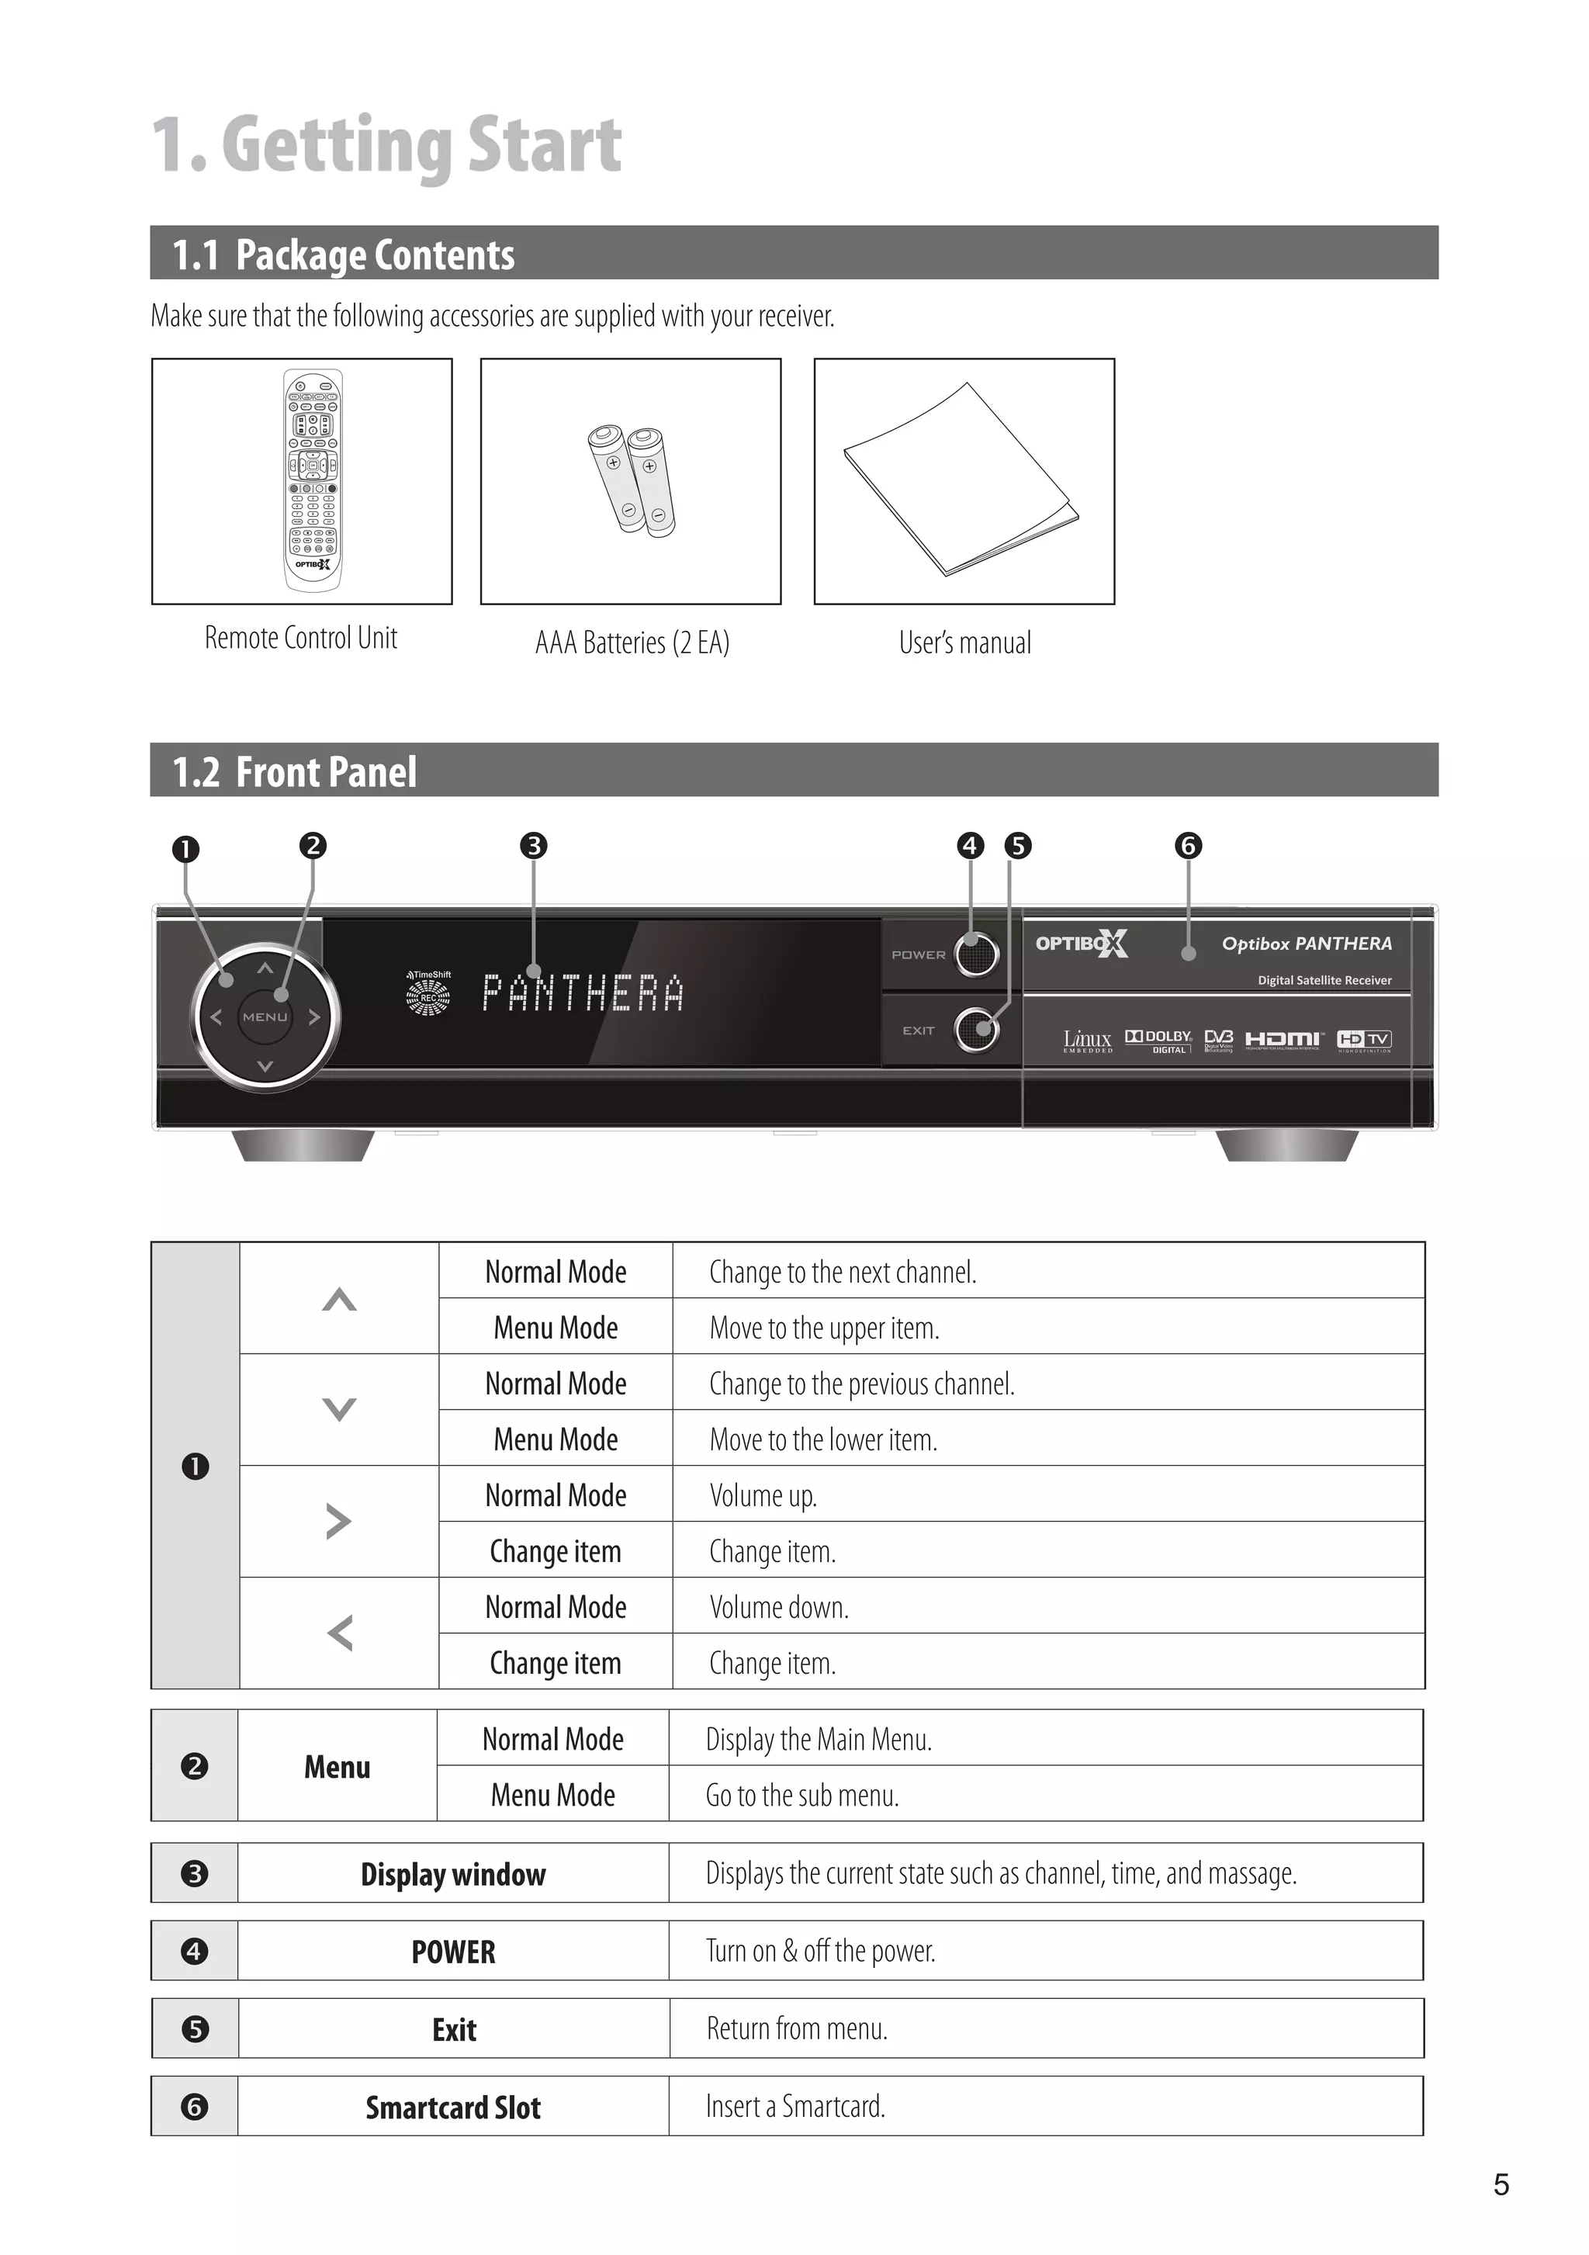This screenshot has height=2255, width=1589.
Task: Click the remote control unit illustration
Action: click(x=313, y=480)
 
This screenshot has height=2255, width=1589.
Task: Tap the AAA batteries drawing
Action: click(x=631, y=480)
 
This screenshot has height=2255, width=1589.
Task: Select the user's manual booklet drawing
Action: click(x=961, y=480)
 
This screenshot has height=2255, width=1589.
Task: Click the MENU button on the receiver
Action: click(x=265, y=1017)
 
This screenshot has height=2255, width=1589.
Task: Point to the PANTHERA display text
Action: click(x=583, y=993)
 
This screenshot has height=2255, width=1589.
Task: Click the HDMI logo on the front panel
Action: click(x=1283, y=1039)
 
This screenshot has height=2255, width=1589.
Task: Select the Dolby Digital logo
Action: click(x=1159, y=1040)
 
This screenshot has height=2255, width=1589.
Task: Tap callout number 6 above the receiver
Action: click(x=1189, y=846)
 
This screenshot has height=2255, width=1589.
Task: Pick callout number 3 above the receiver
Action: click(x=533, y=846)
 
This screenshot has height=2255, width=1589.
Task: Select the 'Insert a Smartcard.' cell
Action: click(x=795, y=2106)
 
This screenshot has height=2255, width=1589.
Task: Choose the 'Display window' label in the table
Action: click(x=453, y=1874)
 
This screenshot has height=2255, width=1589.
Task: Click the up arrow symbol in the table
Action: click(x=339, y=1299)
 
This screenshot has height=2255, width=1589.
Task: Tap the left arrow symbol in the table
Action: click(x=340, y=1633)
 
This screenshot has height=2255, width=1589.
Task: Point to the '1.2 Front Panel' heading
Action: click(x=295, y=772)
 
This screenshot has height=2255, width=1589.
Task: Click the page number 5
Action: click(x=1501, y=2184)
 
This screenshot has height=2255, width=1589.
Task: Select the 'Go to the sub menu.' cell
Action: click(x=802, y=1796)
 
